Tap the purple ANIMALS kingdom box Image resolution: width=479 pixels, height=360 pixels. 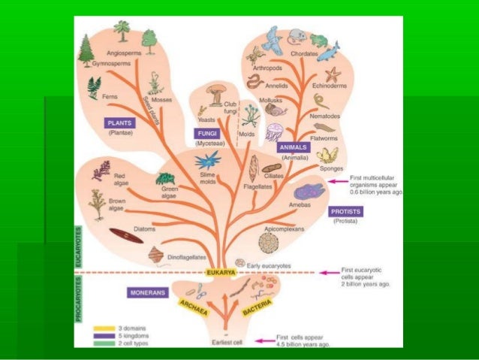tap(291, 148)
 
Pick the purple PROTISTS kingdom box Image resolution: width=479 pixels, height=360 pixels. tap(350, 211)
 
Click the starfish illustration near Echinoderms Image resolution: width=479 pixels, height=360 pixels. tap(334, 75)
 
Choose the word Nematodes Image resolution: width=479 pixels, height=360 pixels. tap(328, 116)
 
